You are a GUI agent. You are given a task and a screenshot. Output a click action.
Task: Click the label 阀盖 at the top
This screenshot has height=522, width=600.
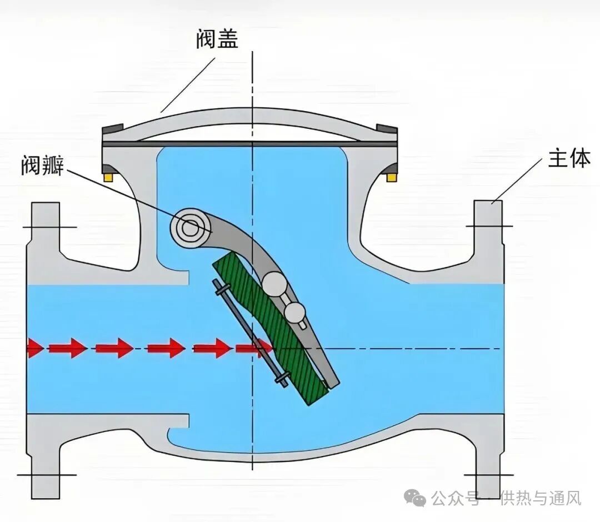click(x=217, y=39)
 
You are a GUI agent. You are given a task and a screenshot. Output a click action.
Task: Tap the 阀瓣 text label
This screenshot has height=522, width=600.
click(x=43, y=165)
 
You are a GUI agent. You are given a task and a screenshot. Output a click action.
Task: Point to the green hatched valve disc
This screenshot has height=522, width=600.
click(x=272, y=328)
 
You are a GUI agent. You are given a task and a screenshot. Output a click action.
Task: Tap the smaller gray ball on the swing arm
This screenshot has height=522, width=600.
click(x=294, y=313)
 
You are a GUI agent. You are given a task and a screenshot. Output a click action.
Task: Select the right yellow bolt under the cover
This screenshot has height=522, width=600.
click(x=392, y=177)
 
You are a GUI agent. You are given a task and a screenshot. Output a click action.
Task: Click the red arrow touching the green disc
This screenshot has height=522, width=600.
click(x=253, y=349)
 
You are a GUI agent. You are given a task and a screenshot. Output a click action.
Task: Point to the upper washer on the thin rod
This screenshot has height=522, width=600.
click(x=222, y=289)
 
